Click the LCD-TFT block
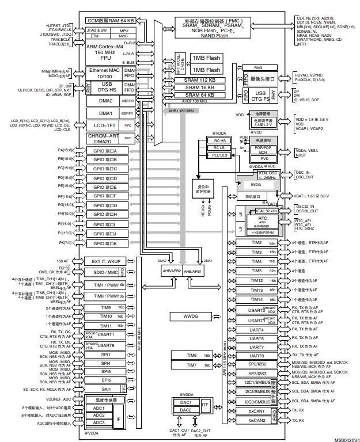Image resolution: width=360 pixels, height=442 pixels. [102, 124]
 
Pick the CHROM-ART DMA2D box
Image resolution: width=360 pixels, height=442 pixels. [102, 138]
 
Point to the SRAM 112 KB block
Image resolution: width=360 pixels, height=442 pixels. [200, 80]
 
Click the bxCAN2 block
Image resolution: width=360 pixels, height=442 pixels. [257, 421]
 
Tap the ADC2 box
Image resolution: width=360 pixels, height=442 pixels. [98, 415]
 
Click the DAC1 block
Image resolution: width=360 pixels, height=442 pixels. [185, 402]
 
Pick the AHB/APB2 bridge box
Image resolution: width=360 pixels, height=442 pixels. [171, 270]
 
